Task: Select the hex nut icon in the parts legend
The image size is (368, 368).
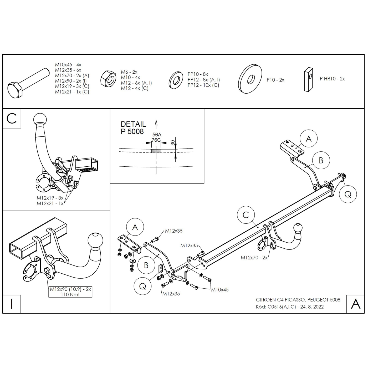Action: [x=109, y=78]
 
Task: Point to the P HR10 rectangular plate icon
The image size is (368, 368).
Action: [x=309, y=79]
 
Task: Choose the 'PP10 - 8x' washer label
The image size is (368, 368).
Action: [x=198, y=74]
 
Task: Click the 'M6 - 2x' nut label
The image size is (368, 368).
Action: [x=129, y=72]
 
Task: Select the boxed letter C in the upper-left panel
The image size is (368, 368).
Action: [x=12, y=119]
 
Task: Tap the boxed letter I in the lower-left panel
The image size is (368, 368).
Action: [x=12, y=304]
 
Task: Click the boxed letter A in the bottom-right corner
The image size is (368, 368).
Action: [x=355, y=304]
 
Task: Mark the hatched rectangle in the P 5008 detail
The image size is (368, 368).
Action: [x=156, y=151]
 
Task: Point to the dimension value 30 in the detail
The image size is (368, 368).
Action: [x=173, y=143]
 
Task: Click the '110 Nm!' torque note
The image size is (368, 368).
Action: [x=70, y=294]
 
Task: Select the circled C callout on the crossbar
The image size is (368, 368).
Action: [x=246, y=215]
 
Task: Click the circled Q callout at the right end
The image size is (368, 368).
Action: [x=348, y=195]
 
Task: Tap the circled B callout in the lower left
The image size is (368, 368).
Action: [x=146, y=265]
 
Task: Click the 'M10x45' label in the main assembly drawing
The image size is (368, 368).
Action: [x=220, y=290]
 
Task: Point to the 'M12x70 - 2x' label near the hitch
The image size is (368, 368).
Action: [x=254, y=258]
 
